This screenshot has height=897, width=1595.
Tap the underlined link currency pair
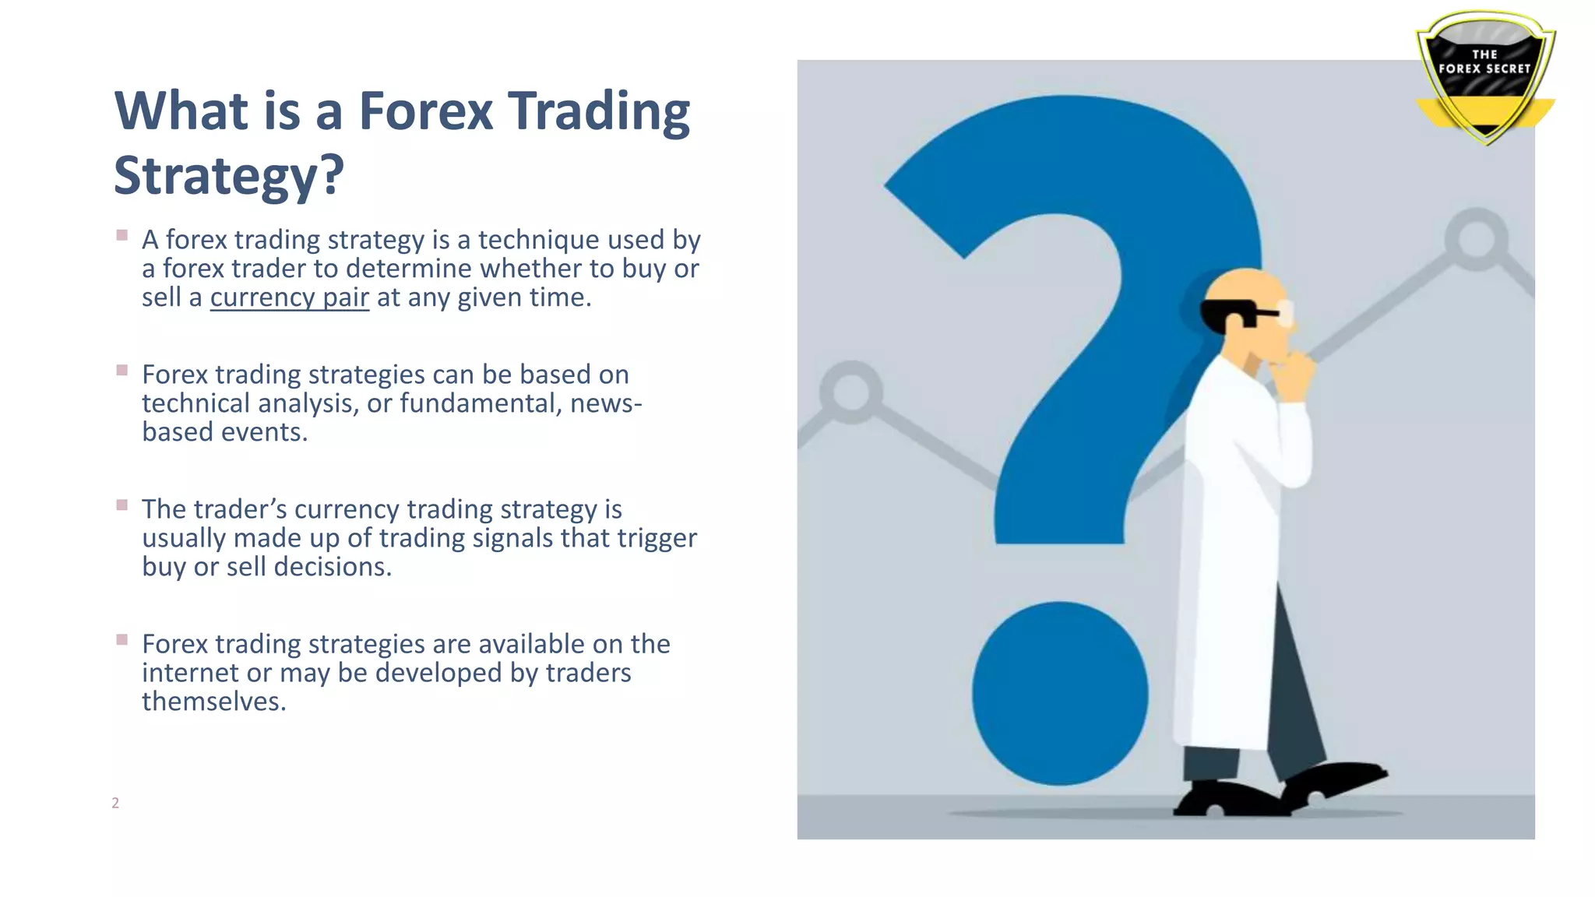[289, 297]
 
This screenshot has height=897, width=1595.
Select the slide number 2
[115, 803]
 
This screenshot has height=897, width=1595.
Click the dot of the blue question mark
[1059, 693]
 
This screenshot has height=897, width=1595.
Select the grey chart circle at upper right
[1476, 239]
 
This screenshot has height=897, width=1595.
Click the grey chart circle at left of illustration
[851, 392]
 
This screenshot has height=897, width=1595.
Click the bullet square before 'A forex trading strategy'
[122, 235]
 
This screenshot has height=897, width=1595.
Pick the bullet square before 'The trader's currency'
[122, 505]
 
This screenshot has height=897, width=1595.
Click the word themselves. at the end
[213, 702]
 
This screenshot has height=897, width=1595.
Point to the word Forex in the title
[425, 111]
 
